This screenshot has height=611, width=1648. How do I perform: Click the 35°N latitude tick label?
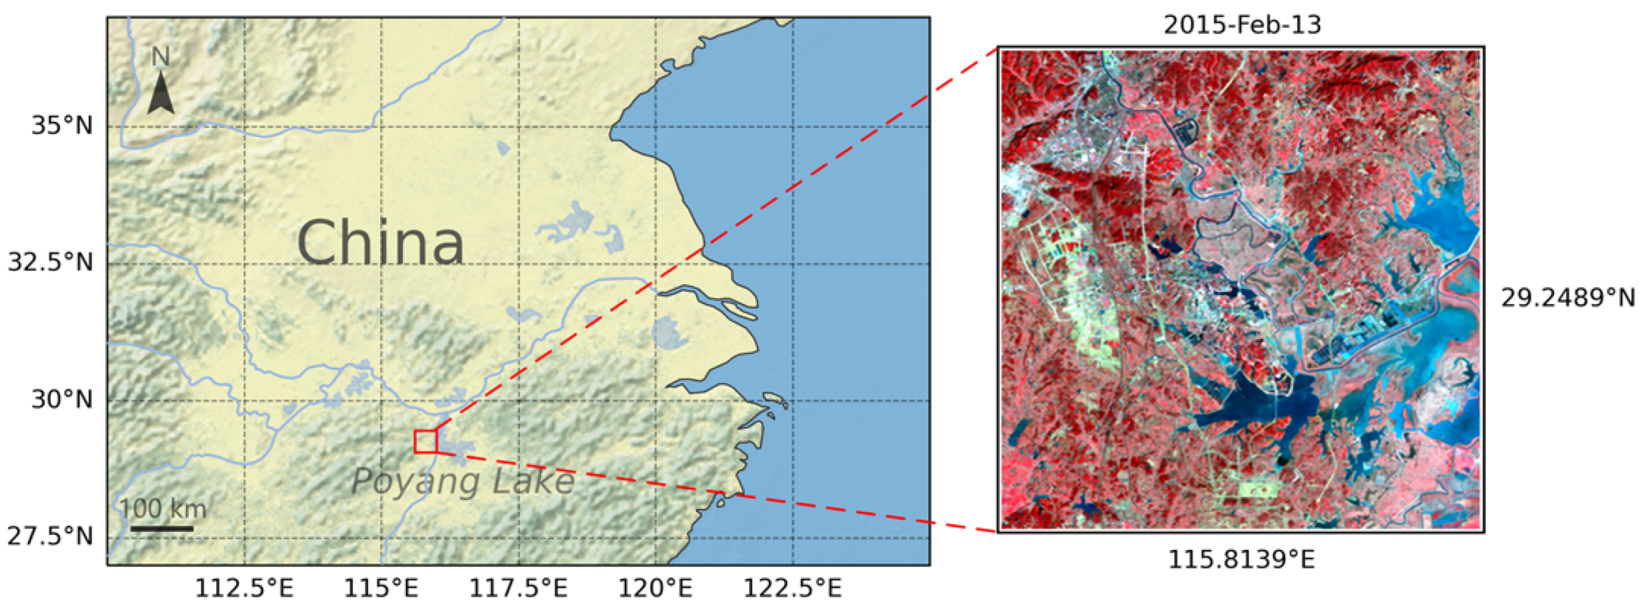pyautogui.click(x=62, y=126)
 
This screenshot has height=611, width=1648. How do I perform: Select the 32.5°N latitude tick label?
pyautogui.click(x=51, y=262)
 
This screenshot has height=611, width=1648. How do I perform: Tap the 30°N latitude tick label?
pyautogui.click(x=62, y=400)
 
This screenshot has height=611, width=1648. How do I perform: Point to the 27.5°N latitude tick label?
pyautogui.click(x=51, y=536)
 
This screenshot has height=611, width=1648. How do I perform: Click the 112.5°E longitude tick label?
pyautogui.click(x=244, y=588)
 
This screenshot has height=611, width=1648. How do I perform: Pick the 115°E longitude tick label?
pyautogui.click(x=382, y=588)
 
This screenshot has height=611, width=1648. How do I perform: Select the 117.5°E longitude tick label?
pyautogui.click(x=518, y=588)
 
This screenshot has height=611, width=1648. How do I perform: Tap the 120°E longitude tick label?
pyautogui.click(x=655, y=588)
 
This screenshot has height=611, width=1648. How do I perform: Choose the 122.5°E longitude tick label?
pyautogui.click(x=792, y=588)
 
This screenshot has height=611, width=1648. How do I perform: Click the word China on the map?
pyautogui.click(x=380, y=243)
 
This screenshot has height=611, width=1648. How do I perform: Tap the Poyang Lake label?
pyautogui.click(x=462, y=481)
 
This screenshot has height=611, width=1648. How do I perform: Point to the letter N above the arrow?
pyautogui.click(x=160, y=58)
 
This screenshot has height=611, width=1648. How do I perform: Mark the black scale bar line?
pyautogui.click(x=162, y=529)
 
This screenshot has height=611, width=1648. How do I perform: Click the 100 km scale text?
pyautogui.click(x=163, y=509)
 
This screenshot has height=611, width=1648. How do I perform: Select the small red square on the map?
pyautogui.click(x=426, y=442)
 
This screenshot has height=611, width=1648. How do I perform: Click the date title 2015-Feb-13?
pyautogui.click(x=1242, y=25)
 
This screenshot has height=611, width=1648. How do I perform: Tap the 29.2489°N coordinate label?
pyautogui.click(x=1568, y=298)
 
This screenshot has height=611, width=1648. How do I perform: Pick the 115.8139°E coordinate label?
pyautogui.click(x=1242, y=560)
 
